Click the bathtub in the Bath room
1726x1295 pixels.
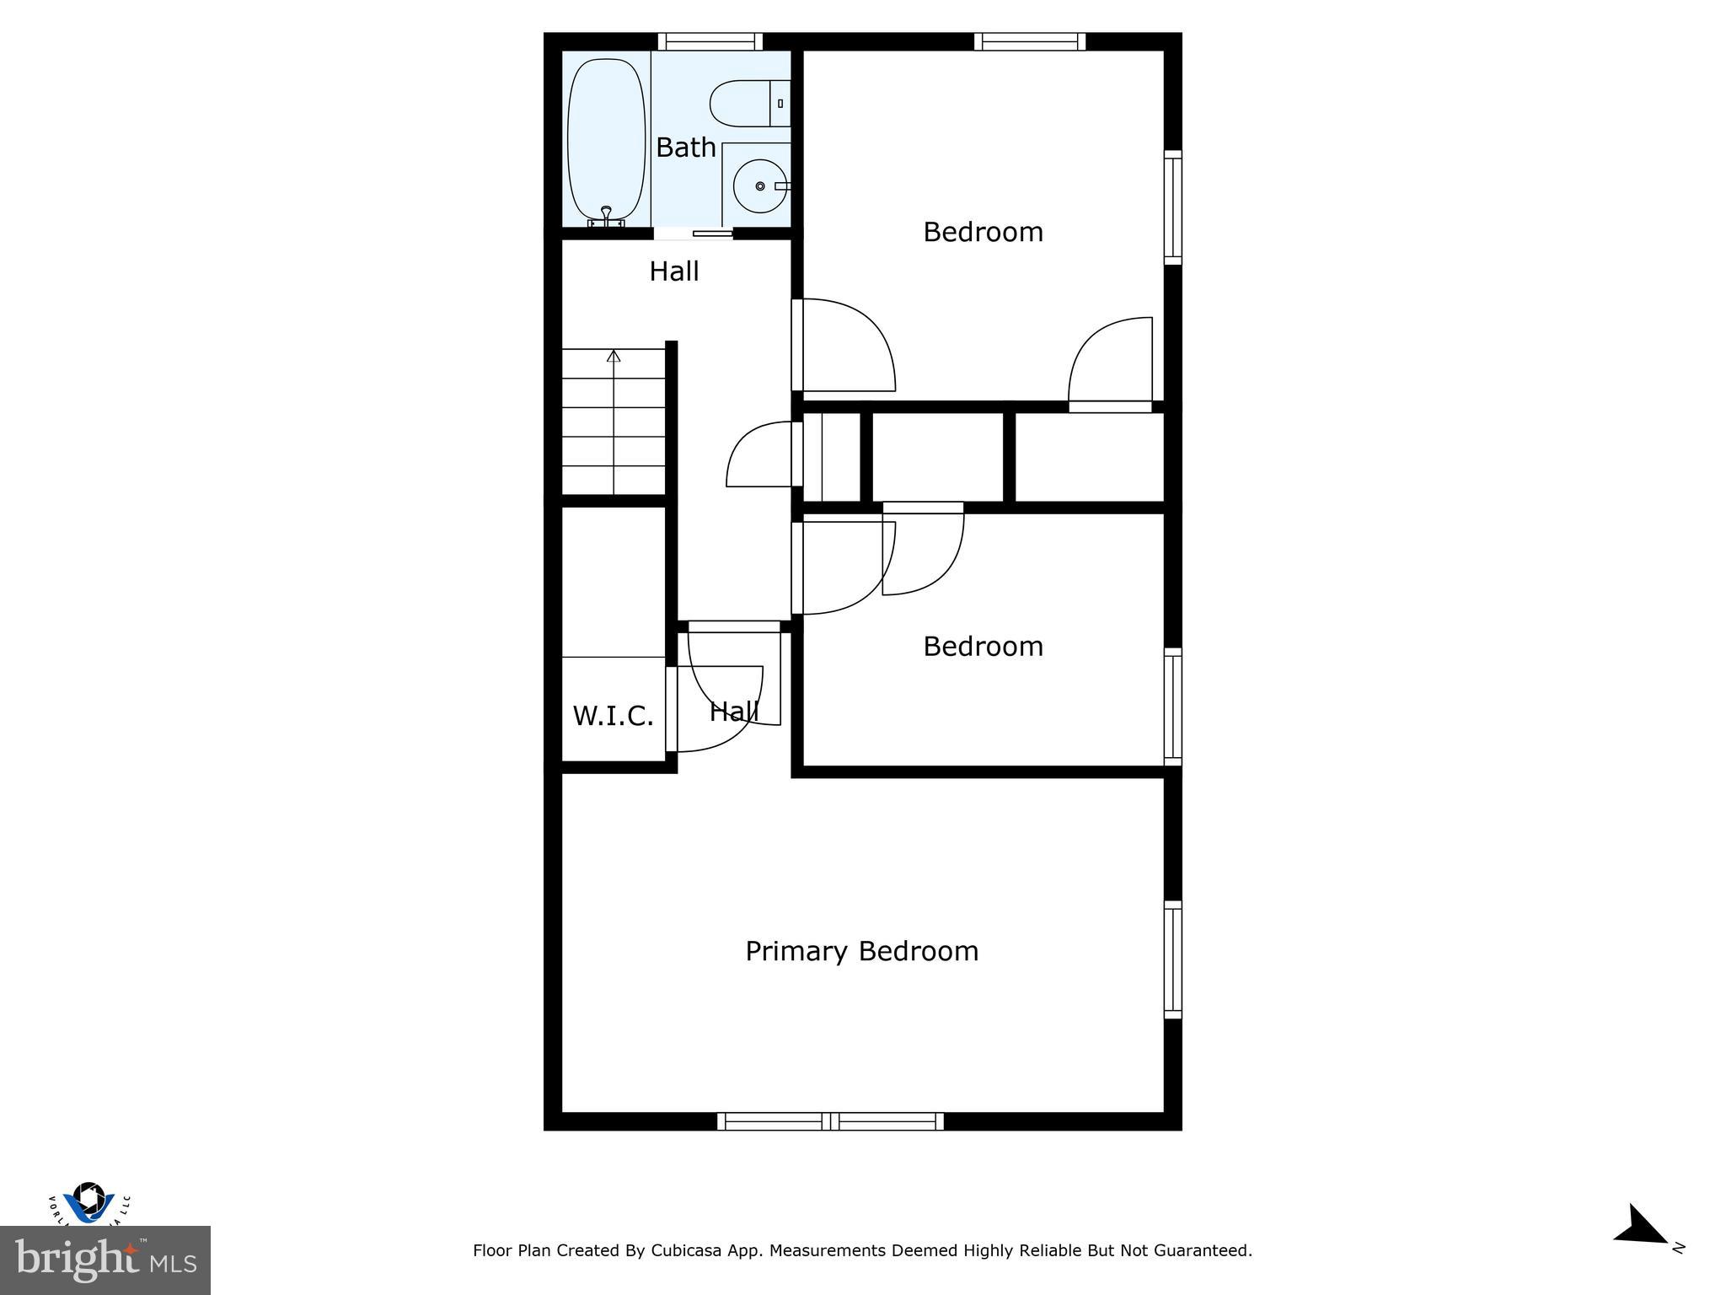point(607,139)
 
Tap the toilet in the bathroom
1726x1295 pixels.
point(745,104)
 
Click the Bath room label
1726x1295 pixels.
point(686,148)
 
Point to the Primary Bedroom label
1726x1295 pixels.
point(861,951)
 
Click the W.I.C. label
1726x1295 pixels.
point(613,716)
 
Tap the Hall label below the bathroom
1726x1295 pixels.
point(673,271)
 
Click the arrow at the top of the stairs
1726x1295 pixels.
point(614,357)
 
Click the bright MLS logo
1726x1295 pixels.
point(105,1260)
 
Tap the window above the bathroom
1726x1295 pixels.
point(710,41)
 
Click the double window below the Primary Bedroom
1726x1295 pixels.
point(830,1121)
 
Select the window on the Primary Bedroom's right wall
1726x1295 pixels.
point(1172,959)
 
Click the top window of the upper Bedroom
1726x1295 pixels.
point(1029,41)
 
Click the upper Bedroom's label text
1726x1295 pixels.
point(983,232)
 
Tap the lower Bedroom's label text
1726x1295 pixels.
point(983,647)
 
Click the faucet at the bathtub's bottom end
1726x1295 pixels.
point(606,217)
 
